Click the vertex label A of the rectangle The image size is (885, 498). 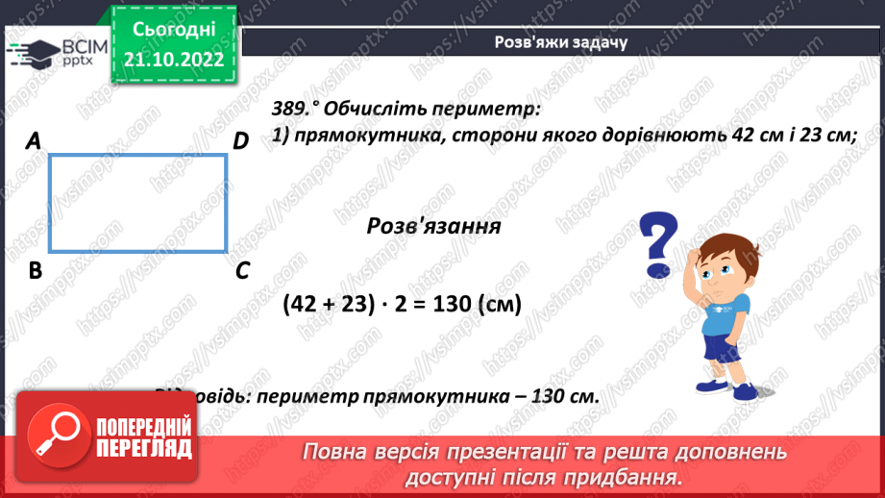point(34,141)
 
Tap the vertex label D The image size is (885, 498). point(240,141)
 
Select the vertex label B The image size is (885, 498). point(36,271)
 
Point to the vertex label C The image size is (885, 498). point(242,271)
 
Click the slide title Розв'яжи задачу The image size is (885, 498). point(560,42)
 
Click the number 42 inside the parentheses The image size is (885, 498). point(310,304)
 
